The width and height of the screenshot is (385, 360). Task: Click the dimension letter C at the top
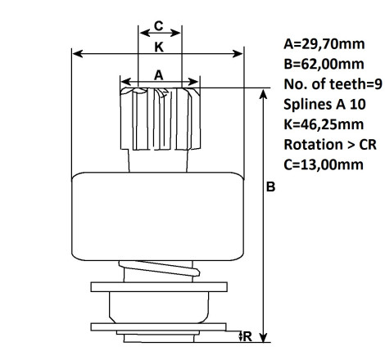(159, 26)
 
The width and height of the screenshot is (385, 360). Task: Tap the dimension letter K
(159, 47)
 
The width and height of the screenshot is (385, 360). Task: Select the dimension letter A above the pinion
(159, 75)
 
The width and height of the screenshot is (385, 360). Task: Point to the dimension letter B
(270, 187)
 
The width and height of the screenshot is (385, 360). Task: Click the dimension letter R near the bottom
(247, 336)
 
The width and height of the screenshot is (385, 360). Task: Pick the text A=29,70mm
(324, 44)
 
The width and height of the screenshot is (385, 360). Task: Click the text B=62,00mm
(324, 64)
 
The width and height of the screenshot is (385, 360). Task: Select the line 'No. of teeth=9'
(333, 84)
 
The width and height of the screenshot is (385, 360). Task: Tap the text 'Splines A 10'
(324, 104)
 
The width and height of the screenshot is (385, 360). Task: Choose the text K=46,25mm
(324, 124)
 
